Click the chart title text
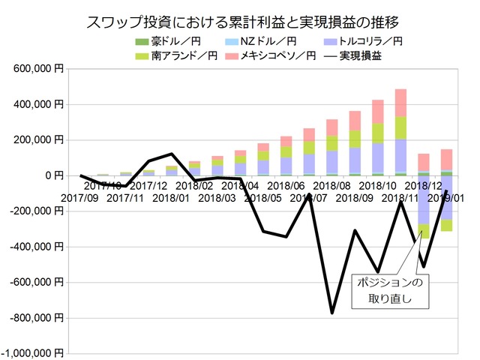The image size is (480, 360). point(239,20)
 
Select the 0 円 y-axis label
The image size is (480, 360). point(55,175)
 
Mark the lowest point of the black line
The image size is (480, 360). point(331,313)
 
